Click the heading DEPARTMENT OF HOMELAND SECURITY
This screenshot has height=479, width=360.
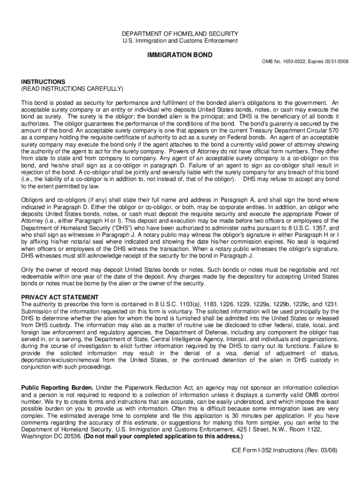180,34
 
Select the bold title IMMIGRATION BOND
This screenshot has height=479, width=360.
180,55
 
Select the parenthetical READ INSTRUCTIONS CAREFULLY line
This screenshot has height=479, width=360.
72,88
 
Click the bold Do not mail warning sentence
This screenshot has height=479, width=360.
163,436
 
